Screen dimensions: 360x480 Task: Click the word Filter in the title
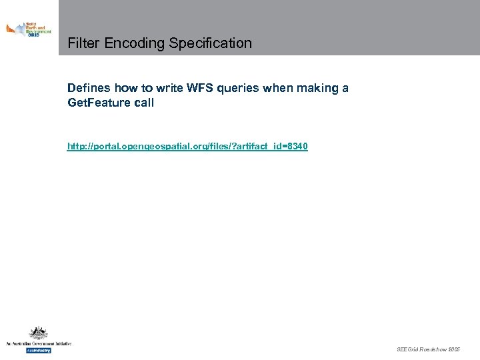[82, 43]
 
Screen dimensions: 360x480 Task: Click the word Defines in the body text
[89, 88]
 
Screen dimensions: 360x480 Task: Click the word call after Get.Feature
[142, 103]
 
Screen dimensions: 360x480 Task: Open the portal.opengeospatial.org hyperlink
[187, 145]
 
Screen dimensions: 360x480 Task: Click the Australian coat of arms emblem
[38, 333]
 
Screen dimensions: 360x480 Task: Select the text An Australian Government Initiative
[38, 343]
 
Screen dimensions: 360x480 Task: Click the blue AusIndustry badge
[38, 350]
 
